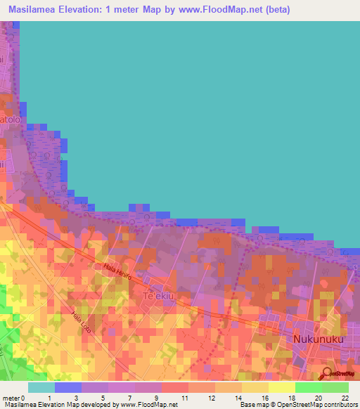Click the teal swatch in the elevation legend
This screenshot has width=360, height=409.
point(41,387)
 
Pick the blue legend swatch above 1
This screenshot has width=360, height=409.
point(67,387)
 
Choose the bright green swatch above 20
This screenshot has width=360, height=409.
point(309,387)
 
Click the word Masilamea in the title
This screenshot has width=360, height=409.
point(32,11)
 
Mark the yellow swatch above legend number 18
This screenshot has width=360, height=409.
point(282,387)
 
